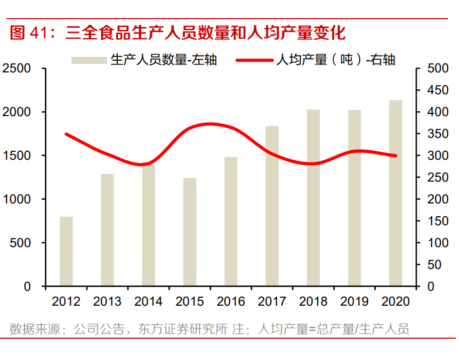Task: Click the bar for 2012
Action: [66, 251]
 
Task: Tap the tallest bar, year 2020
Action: [396, 193]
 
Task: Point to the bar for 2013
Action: [107, 230]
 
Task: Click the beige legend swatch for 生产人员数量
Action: [89, 60]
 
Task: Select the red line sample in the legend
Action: [254, 60]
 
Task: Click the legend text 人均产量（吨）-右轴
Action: [335, 60]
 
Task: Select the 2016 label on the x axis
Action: [231, 301]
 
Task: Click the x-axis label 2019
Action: [355, 301]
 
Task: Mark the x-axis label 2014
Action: [148, 301]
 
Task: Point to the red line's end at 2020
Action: [396, 156]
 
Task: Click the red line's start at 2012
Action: [66, 134]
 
